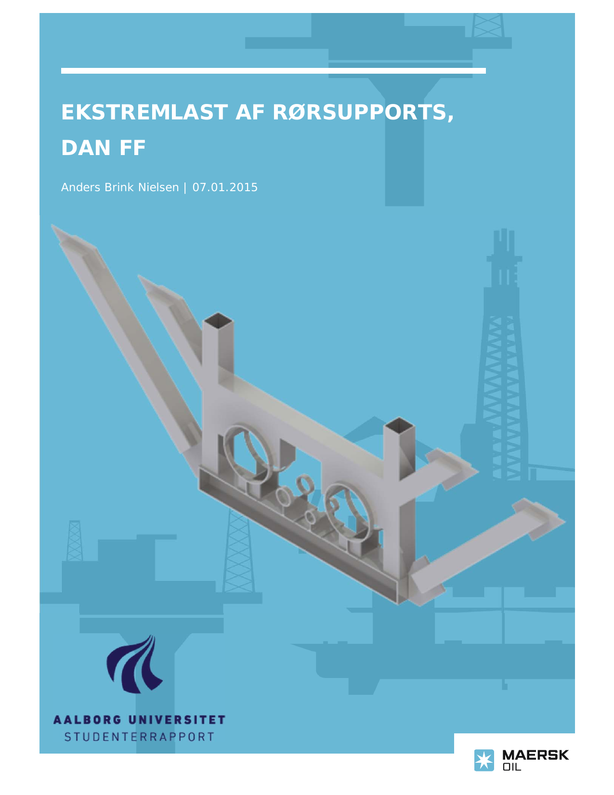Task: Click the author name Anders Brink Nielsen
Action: (x=120, y=187)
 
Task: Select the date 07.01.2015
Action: (x=225, y=187)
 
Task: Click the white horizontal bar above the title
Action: (x=274, y=71)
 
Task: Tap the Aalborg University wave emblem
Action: (x=134, y=664)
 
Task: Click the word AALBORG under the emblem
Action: (x=88, y=719)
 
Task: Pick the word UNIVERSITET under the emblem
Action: (x=177, y=719)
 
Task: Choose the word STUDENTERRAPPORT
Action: (x=139, y=737)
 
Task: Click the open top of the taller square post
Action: (x=218, y=320)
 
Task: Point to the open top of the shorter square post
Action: (x=399, y=425)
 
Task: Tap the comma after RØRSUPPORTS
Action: (x=450, y=118)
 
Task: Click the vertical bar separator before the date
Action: (x=185, y=188)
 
